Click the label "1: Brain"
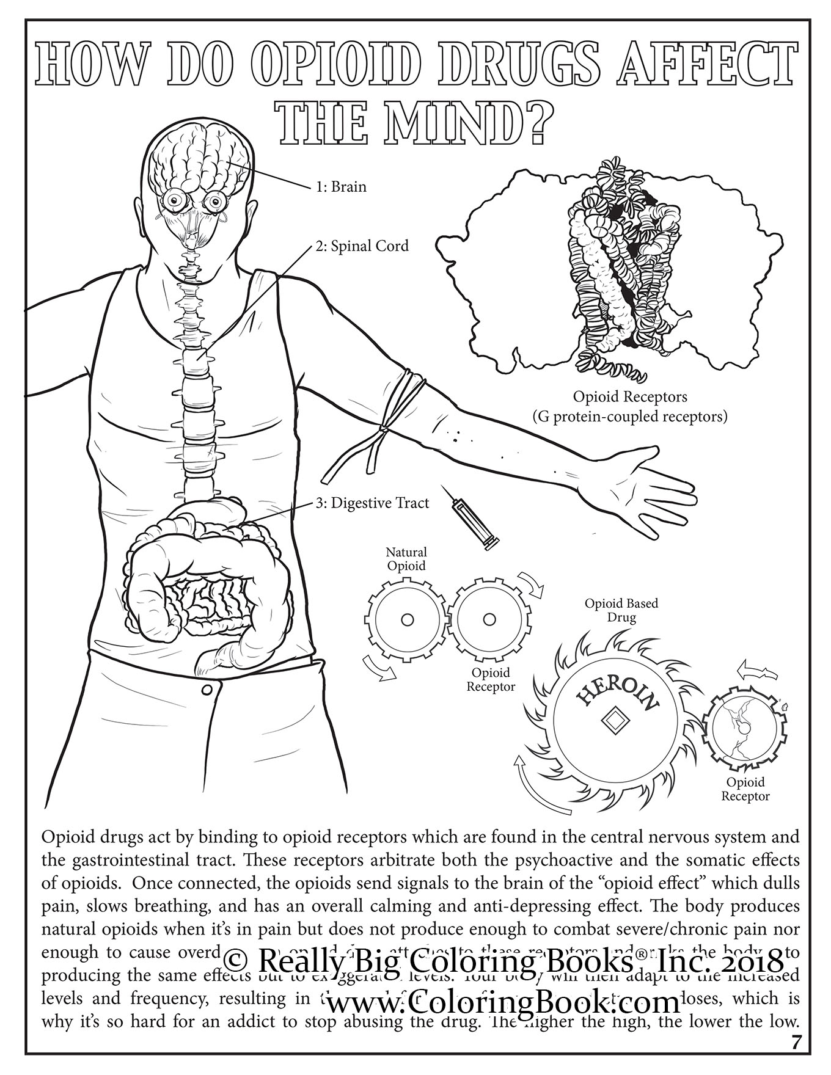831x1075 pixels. (x=341, y=186)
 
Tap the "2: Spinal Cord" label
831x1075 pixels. (x=362, y=246)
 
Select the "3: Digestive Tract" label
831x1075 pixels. (x=372, y=503)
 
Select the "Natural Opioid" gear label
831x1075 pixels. (x=406, y=559)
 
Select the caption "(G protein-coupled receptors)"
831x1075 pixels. (x=629, y=417)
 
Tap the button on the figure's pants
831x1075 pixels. (x=207, y=690)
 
